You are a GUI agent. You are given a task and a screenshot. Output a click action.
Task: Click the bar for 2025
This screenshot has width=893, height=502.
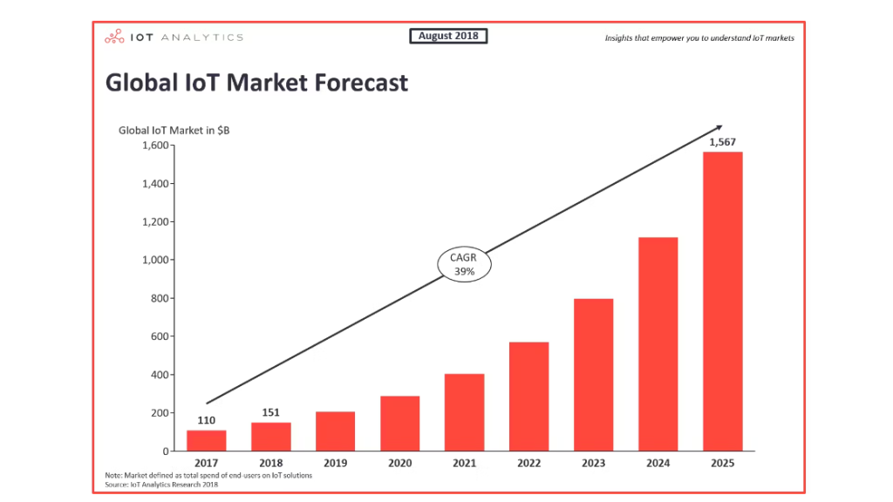click(x=722, y=301)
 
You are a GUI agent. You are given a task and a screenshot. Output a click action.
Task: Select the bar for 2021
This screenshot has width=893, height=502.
click(x=464, y=412)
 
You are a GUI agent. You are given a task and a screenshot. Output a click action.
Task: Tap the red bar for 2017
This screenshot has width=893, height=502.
click(x=207, y=440)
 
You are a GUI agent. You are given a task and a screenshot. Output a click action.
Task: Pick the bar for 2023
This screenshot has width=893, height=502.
click(x=593, y=375)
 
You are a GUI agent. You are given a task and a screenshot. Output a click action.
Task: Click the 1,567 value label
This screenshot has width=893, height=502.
click(x=722, y=142)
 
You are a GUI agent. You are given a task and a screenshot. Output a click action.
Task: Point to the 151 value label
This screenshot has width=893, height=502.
click(x=270, y=412)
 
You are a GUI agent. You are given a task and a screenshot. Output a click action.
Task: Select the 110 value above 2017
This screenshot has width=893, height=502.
click(x=207, y=420)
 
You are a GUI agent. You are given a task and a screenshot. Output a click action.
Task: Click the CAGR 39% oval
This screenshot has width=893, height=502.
click(x=463, y=265)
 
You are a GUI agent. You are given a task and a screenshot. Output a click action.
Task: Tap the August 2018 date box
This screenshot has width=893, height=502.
click(x=448, y=36)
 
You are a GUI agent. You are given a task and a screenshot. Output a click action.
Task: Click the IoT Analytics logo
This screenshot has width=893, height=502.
click(x=174, y=37)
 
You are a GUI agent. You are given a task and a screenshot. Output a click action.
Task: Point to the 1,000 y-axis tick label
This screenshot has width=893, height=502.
click(x=153, y=260)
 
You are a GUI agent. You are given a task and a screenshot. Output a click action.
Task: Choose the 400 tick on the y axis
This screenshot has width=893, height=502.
click(x=156, y=375)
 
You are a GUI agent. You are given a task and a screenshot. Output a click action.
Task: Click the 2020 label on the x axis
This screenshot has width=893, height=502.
click(x=399, y=464)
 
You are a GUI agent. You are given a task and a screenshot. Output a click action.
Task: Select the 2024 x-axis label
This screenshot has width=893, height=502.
click(x=658, y=464)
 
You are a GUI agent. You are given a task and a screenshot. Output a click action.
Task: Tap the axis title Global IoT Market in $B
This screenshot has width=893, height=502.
click(x=174, y=130)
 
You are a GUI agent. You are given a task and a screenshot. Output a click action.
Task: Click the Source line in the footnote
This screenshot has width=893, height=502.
click(x=161, y=485)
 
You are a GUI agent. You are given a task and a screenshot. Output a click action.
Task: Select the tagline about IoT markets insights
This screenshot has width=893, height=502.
click(x=699, y=37)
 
